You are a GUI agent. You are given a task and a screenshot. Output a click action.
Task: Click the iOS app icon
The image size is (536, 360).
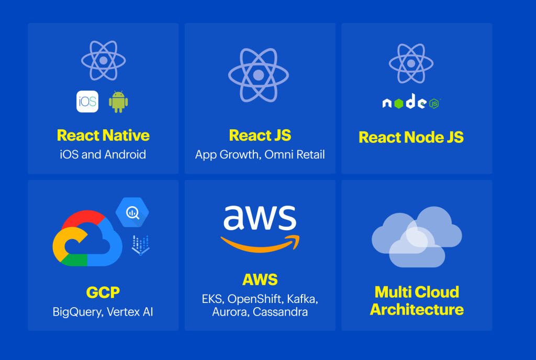(x=87, y=102)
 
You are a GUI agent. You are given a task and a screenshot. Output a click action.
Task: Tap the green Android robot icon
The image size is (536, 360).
(x=118, y=102)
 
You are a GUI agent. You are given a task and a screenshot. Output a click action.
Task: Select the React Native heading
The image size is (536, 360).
(x=103, y=135)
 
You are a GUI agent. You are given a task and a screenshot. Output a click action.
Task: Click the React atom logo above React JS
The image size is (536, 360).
(x=259, y=75)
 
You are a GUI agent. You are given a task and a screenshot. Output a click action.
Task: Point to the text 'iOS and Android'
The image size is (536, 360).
(x=103, y=154)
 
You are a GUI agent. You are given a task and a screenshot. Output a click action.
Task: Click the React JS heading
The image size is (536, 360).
(x=260, y=135)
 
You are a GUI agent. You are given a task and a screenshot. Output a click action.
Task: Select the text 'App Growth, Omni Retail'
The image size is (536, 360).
(x=260, y=155)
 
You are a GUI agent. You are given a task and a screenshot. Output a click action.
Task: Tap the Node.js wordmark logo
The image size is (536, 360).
(x=411, y=102)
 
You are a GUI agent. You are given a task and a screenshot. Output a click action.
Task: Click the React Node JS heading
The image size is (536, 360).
(x=411, y=137)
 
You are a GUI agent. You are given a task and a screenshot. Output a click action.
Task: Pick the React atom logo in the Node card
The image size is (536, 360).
(x=411, y=63)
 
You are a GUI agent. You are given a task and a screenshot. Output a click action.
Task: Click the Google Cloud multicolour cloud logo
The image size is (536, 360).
(x=87, y=238)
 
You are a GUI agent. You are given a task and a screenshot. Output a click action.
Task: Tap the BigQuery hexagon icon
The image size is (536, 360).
(x=132, y=212)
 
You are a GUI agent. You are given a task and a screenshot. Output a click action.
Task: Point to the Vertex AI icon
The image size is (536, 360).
(x=140, y=245)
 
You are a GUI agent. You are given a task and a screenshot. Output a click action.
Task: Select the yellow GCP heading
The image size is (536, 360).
(x=103, y=292)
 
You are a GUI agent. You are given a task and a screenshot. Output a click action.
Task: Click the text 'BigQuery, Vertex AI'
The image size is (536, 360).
(x=103, y=312)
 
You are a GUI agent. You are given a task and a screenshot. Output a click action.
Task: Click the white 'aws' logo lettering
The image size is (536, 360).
(x=260, y=218)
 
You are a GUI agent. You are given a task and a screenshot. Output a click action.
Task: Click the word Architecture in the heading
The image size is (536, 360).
(x=417, y=309)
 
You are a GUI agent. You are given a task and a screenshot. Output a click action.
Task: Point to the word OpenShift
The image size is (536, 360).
(x=255, y=299)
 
